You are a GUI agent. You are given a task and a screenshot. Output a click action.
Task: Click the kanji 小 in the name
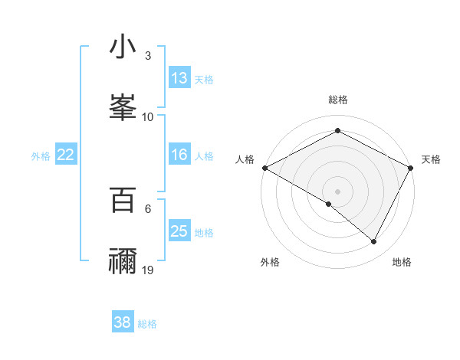123,47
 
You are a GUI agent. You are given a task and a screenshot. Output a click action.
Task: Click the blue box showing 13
179,78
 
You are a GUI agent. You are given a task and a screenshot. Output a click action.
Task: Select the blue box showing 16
179,155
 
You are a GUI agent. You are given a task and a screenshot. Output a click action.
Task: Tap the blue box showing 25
179,231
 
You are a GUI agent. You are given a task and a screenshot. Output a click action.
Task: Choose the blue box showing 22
66,155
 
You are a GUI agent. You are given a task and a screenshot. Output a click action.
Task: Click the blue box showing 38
123,322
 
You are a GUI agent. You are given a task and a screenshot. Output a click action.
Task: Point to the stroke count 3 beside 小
148,56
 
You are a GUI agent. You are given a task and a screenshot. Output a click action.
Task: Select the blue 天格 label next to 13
204,79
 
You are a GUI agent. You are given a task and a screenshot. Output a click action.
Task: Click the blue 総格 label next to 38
147,323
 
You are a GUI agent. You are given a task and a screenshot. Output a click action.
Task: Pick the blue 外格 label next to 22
41,155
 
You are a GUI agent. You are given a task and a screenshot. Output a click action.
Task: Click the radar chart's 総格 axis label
338,100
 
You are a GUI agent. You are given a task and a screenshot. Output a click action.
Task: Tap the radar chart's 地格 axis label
402,262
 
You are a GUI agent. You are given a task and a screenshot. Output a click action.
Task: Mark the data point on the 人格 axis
264,167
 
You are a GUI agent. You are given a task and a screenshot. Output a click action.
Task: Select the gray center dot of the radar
337,191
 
